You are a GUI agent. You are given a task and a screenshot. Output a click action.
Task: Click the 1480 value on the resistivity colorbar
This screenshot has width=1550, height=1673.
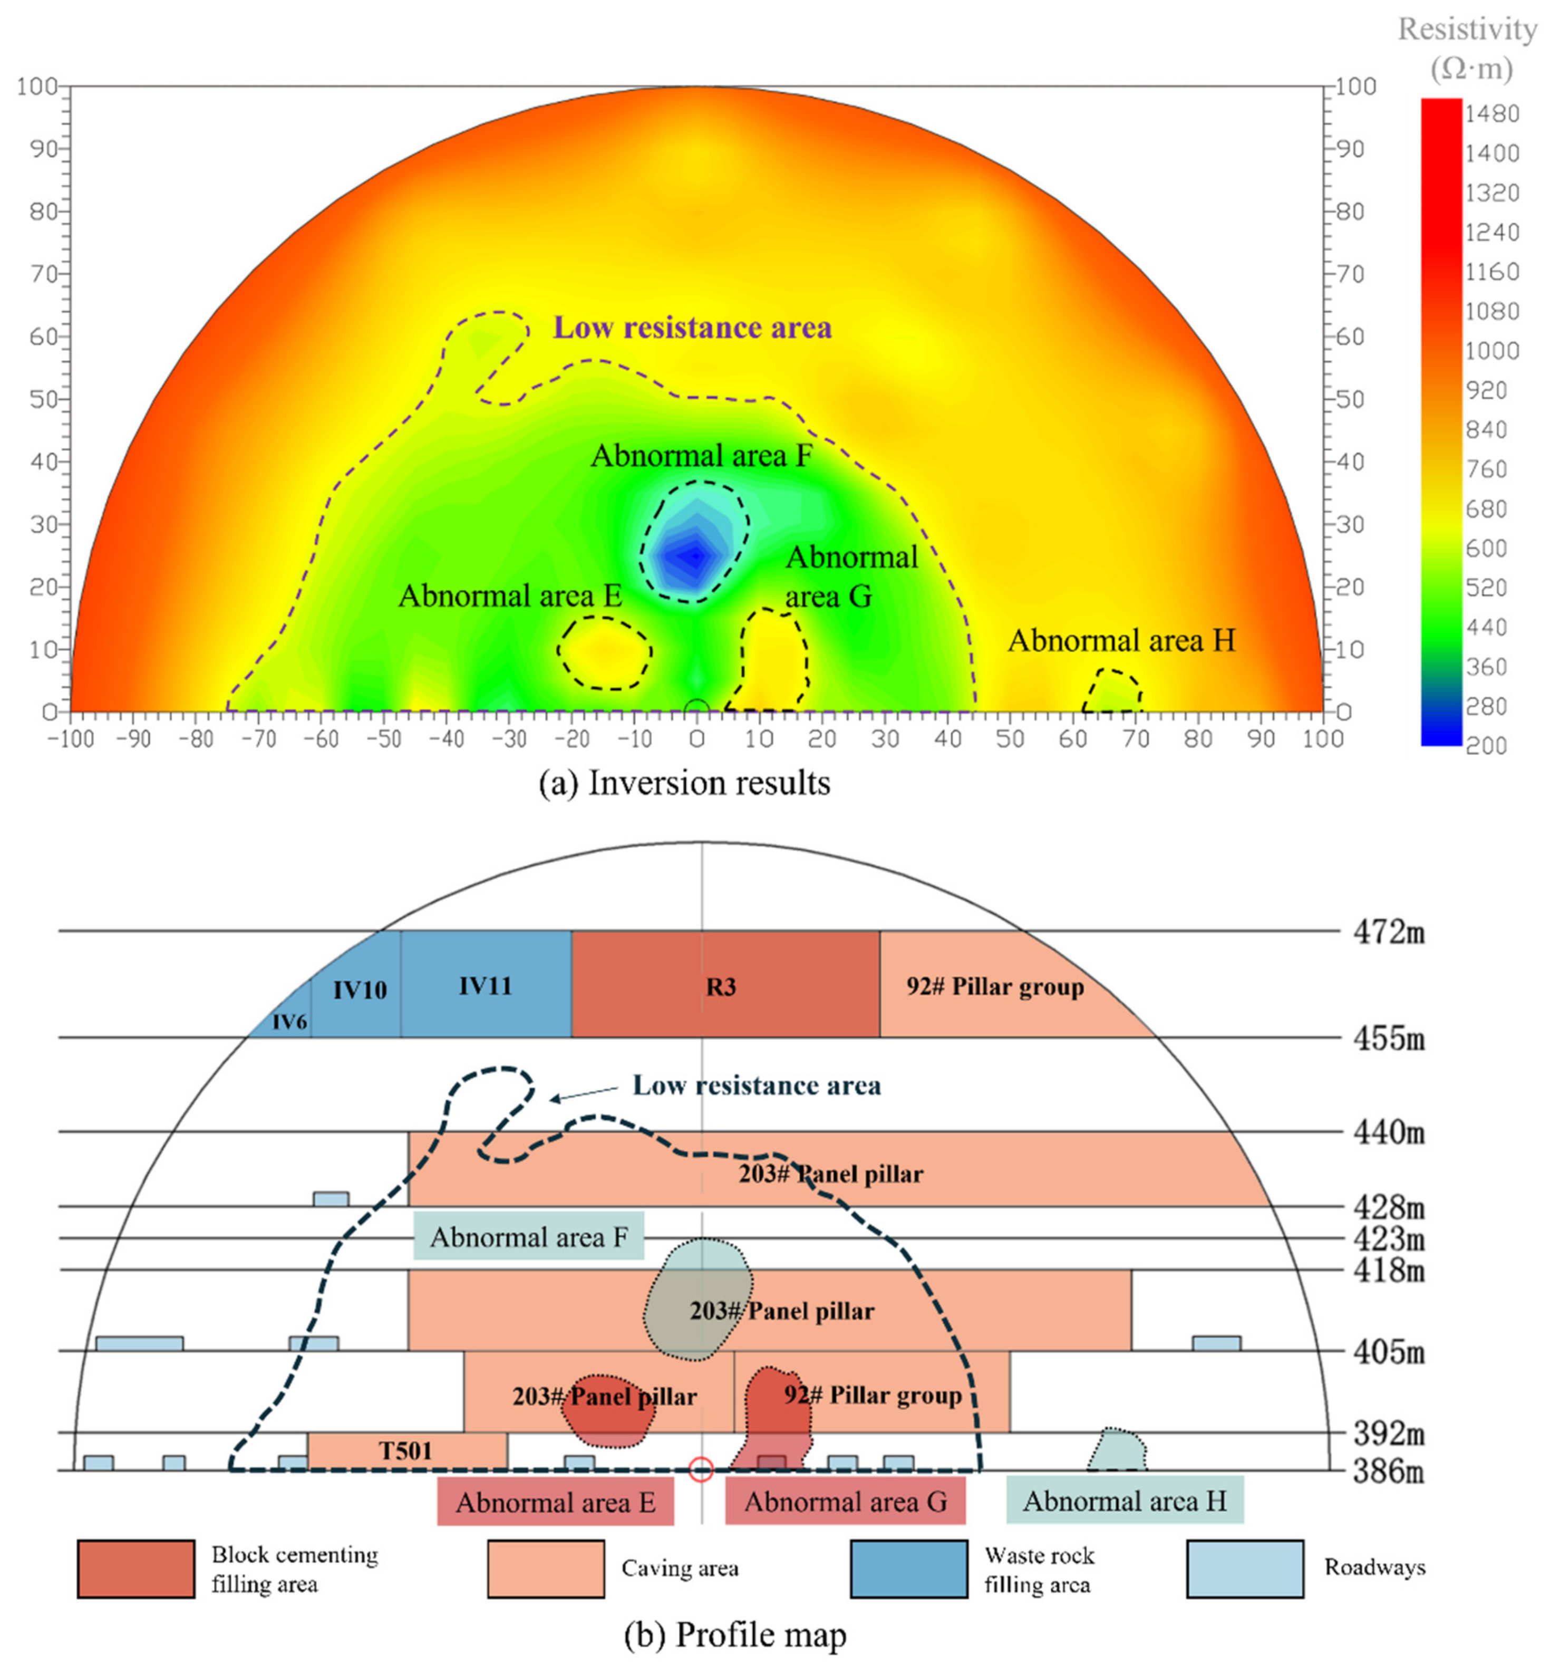tap(1491, 113)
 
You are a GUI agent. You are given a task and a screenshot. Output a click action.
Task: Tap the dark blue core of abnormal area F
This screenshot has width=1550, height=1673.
tap(693, 557)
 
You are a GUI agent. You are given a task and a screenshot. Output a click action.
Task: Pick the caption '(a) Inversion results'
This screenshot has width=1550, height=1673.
tap(684, 783)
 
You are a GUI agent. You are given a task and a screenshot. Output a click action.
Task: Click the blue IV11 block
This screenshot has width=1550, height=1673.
tap(485, 984)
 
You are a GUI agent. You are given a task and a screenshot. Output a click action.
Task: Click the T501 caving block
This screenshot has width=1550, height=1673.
tap(406, 1450)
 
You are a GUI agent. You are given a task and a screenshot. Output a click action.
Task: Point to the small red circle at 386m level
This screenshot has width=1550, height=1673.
tap(701, 1469)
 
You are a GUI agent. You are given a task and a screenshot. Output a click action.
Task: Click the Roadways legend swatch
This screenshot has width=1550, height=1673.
tap(1245, 1568)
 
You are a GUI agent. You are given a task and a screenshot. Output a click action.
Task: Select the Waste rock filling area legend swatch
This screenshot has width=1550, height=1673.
tap(908, 1568)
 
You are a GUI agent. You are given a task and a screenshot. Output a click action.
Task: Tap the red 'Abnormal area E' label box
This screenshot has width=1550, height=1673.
tap(555, 1502)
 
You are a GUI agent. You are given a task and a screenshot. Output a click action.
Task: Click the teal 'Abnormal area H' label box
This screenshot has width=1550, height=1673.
tap(1124, 1500)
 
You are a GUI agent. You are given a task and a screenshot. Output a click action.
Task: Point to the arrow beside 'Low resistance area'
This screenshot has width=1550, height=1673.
tap(584, 1093)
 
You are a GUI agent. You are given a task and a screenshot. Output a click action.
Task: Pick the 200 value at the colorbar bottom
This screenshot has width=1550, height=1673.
tap(1486, 745)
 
